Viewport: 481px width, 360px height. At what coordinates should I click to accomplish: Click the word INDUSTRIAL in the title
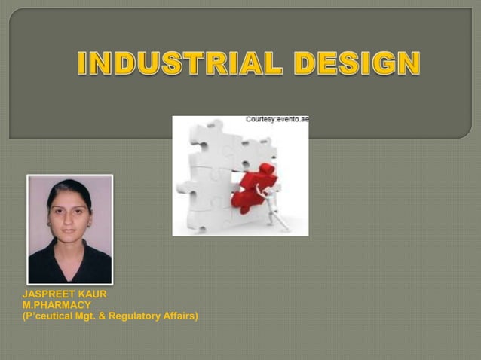[179, 63]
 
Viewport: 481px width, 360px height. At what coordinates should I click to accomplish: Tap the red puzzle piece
[253, 188]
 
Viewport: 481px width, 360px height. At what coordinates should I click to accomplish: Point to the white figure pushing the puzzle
[274, 206]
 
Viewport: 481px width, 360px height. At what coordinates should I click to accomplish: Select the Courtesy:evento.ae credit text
[277, 120]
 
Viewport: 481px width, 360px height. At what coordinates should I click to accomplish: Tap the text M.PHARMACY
[57, 305]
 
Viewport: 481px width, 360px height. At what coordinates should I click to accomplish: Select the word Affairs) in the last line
[180, 316]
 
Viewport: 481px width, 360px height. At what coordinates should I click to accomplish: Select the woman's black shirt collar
[69, 260]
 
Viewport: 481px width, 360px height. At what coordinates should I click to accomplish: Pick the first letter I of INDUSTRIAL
[82, 63]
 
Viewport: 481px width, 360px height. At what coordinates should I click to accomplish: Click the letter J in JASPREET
[26, 294]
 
